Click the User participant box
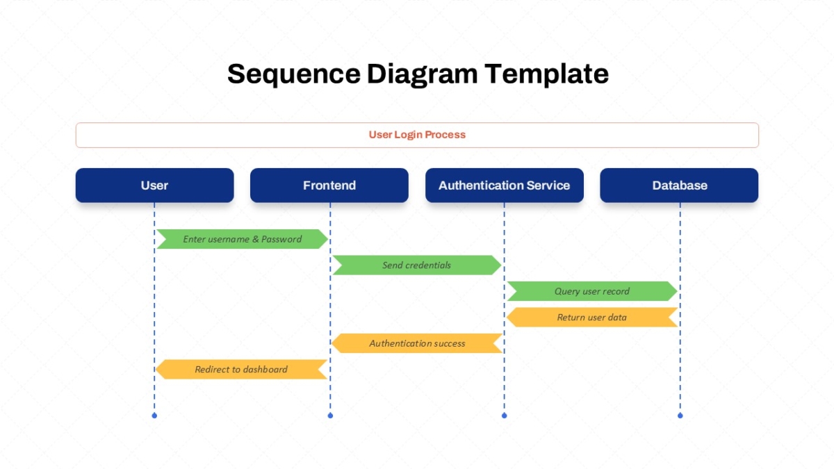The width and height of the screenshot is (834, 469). click(154, 186)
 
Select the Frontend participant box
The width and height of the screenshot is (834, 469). click(329, 186)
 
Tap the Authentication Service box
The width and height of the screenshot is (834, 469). click(505, 186)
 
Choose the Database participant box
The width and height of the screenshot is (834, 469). click(679, 186)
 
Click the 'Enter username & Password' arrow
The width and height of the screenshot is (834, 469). click(242, 239)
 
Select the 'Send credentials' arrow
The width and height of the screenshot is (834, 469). click(417, 265)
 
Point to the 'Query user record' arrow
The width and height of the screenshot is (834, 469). click(592, 291)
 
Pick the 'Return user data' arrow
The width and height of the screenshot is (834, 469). click(592, 317)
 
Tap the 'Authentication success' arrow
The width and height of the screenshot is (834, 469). click(417, 343)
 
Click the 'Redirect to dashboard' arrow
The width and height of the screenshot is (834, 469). click(241, 369)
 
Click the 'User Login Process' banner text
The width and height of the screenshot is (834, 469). click(417, 135)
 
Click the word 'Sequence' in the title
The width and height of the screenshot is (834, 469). click(294, 74)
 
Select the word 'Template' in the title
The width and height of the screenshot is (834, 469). click(546, 74)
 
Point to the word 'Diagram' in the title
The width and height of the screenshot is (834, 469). click(423, 74)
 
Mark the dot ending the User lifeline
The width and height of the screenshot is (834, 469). click(154, 415)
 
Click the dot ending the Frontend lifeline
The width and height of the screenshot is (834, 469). click(330, 415)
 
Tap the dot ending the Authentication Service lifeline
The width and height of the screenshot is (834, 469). click(504, 415)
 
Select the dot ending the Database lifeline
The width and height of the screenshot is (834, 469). click(680, 415)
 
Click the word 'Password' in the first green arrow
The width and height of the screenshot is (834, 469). click(281, 239)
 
